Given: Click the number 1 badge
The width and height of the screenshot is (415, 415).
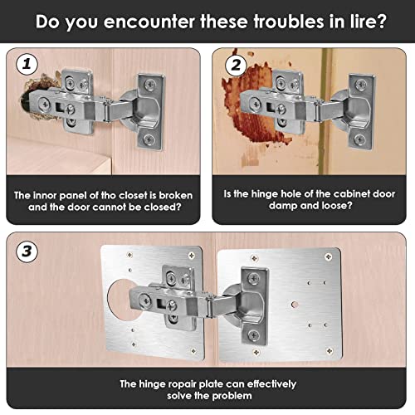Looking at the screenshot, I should (x=27, y=64).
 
